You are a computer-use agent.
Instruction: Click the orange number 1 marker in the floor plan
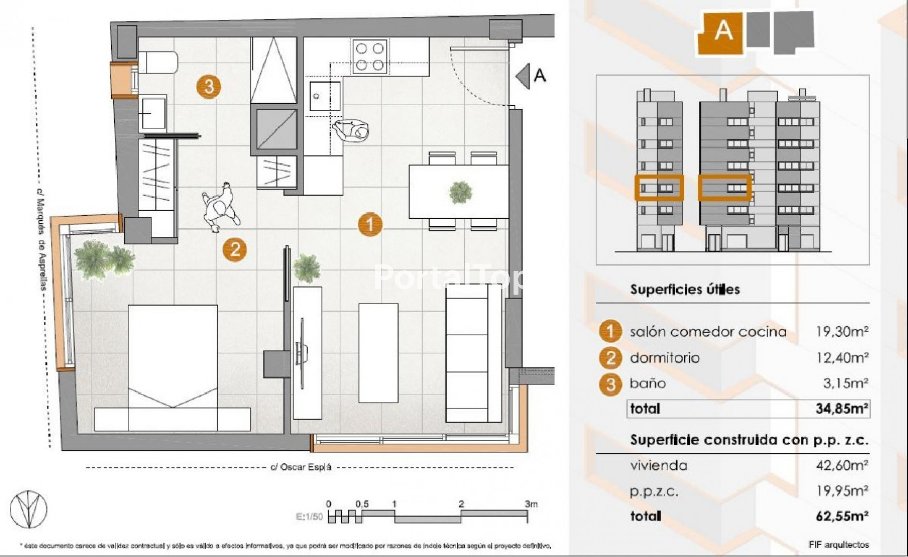370,224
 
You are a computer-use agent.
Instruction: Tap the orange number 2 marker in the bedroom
235,250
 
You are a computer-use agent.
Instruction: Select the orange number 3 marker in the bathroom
209,86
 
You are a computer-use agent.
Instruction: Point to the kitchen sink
325,96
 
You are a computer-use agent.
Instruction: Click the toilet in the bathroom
158,62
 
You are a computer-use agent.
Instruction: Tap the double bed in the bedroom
173,368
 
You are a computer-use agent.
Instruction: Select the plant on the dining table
460,192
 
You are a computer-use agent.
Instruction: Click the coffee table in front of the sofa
378,353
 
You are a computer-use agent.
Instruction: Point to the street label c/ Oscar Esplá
301,467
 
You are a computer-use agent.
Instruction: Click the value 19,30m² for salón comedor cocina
841,331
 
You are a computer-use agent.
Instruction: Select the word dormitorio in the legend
665,357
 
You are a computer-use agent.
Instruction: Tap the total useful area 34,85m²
841,408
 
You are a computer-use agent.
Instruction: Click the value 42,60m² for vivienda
841,465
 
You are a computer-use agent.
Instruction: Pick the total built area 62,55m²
841,516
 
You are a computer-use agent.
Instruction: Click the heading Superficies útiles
685,289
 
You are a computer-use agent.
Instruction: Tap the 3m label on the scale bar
531,504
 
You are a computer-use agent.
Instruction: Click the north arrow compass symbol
28,510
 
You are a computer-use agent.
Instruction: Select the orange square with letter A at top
721,32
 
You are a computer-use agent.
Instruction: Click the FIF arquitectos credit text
839,544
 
